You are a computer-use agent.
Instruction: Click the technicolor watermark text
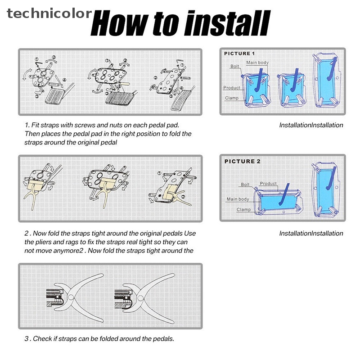point(49,13)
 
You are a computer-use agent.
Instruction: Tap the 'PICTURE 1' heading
point(239,54)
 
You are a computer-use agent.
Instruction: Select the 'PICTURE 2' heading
point(242,162)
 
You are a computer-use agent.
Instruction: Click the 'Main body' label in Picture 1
point(257,63)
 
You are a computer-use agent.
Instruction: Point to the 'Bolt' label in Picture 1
point(234,66)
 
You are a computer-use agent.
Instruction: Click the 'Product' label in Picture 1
point(231,88)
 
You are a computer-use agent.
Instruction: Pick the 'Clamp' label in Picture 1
point(232,98)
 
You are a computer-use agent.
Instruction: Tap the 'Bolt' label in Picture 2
point(245,184)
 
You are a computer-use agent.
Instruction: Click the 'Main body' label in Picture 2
point(238,199)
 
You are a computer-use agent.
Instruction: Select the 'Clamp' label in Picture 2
point(243,210)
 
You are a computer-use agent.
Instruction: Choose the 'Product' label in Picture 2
point(268,184)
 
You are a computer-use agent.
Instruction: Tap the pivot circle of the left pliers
point(71,297)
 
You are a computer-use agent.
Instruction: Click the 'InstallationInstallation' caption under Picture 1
point(311,125)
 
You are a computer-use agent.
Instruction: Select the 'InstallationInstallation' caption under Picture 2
point(311,234)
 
